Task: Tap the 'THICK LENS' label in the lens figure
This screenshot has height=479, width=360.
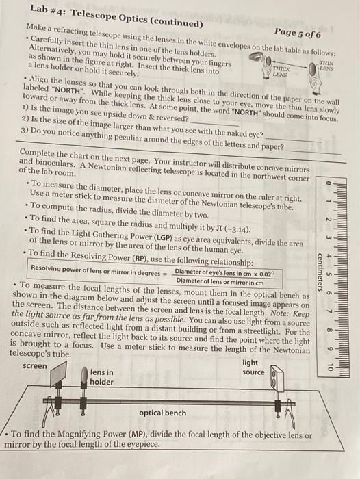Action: point(281,73)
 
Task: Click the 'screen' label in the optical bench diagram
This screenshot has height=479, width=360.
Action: point(35,366)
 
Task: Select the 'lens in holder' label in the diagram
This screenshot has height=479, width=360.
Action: point(102,377)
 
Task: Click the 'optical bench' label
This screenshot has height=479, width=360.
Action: point(162,413)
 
